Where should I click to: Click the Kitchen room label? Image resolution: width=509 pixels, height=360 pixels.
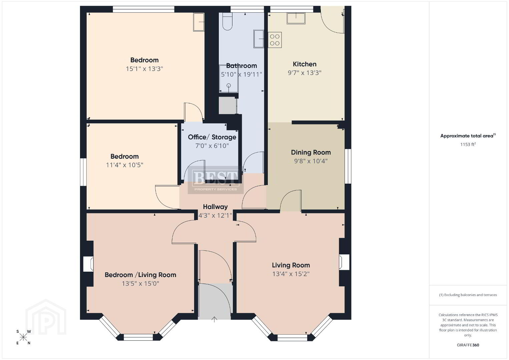click(305, 64)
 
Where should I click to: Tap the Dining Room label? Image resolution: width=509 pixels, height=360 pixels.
click(311, 152)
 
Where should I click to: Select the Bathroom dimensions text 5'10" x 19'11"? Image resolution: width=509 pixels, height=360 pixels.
click(241, 74)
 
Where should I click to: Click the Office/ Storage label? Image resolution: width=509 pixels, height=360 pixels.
click(212, 137)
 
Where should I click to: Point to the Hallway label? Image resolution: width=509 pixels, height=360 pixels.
click(215, 207)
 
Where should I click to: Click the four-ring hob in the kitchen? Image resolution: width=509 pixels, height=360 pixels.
click(275, 40)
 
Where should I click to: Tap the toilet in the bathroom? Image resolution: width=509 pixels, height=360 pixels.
click(227, 21)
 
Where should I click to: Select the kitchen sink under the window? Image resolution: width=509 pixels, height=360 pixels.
click(296, 18)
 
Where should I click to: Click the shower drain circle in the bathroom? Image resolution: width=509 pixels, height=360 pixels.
click(229, 85)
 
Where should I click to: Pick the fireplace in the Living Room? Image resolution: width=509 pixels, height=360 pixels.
click(344, 262)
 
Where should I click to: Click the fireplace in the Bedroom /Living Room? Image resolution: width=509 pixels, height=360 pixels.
click(88, 264)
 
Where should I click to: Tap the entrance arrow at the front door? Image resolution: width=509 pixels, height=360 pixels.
click(214, 319)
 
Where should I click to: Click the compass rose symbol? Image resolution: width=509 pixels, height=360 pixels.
click(23, 337)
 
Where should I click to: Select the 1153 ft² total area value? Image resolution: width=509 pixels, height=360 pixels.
click(468, 144)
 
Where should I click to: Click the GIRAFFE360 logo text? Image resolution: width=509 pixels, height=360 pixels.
click(468, 345)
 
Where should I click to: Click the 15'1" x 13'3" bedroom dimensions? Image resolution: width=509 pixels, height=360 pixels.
click(144, 69)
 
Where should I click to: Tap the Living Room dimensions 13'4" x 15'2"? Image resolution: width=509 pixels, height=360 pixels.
click(291, 274)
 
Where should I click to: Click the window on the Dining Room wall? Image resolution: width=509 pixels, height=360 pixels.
click(348, 166)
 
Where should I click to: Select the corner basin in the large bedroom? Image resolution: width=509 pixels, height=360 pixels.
click(198, 22)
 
